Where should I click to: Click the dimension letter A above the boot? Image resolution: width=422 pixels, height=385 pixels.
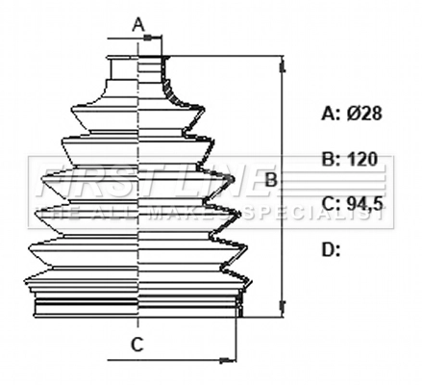click(138, 22)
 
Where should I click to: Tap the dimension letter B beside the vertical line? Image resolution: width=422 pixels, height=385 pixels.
click(271, 180)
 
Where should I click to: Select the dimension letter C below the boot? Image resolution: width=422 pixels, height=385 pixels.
click(137, 344)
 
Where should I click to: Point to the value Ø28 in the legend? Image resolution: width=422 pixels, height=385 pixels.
click(365, 113)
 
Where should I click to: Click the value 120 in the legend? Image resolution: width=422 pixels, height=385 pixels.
click(361, 159)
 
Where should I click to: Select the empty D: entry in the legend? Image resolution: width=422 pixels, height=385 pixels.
click(331, 250)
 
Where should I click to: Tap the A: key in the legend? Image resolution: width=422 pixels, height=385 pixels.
click(330, 113)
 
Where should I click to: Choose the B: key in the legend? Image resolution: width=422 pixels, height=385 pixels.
click(330, 159)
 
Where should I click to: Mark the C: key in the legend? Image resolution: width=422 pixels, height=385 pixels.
click(330, 203)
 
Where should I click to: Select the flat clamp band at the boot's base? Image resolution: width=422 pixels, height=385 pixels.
click(135, 306)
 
